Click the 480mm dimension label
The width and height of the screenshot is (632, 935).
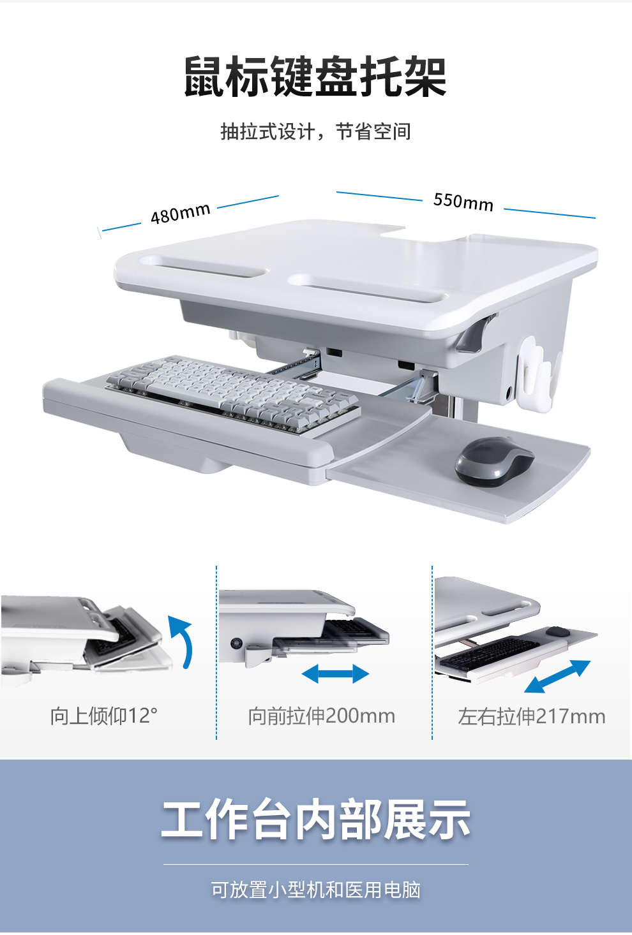click(x=181, y=214)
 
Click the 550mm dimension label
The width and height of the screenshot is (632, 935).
click(x=463, y=202)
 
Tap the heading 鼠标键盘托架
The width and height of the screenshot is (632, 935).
click(x=315, y=77)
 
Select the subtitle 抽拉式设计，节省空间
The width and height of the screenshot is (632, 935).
click(x=316, y=131)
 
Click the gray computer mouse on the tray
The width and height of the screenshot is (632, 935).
click(x=494, y=461)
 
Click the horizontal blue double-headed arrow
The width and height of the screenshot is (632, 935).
click(x=335, y=674)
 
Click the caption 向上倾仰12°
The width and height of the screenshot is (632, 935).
click(x=104, y=716)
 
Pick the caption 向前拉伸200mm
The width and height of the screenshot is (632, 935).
click(x=322, y=716)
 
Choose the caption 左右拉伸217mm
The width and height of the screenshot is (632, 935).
click(x=531, y=717)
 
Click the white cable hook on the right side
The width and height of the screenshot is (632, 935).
click(x=539, y=374)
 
